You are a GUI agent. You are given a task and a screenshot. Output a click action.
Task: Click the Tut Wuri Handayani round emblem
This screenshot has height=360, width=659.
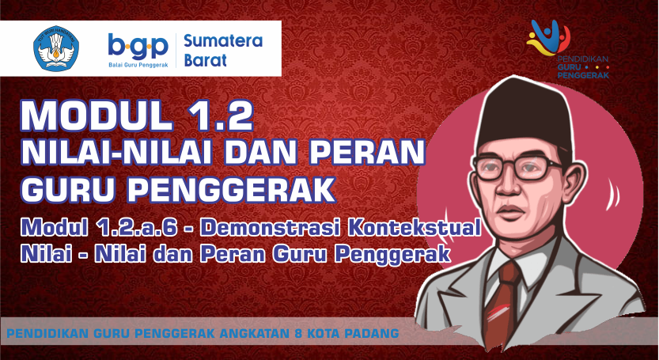pyautogui.click(x=56, y=49)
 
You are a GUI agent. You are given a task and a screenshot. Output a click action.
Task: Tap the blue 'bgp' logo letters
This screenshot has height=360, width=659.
pyautogui.click(x=138, y=47)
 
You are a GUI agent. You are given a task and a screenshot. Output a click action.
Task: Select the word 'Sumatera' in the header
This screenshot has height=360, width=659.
pyautogui.click(x=223, y=41)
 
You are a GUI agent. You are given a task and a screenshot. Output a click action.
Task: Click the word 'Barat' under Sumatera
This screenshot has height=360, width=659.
pyautogui.click(x=205, y=61)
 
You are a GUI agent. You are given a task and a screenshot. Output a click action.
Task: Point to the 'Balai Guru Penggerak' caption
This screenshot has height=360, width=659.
pyautogui.click(x=138, y=65)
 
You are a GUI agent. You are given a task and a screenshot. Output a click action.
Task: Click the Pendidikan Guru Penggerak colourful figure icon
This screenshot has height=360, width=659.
pyautogui.click(x=547, y=37)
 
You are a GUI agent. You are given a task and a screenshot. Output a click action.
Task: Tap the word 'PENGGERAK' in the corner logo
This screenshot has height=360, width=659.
pyautogui.click(x=583, y=75)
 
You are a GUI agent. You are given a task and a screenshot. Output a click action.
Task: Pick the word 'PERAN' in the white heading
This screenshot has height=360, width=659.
pyautogui.click(x=367, y=152)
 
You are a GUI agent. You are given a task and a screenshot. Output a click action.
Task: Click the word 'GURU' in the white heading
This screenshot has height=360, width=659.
pyautogui.click(x=69, y=189)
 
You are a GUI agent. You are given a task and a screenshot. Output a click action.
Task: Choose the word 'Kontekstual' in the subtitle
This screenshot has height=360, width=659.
pyautogui.click(x=414, y=228)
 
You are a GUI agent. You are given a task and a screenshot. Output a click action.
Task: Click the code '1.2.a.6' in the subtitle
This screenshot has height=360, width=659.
pyautogui.click(x=137, y=228)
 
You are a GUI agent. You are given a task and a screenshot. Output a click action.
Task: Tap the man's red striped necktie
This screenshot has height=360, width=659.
pyautogui.click(x=501, y=304)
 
